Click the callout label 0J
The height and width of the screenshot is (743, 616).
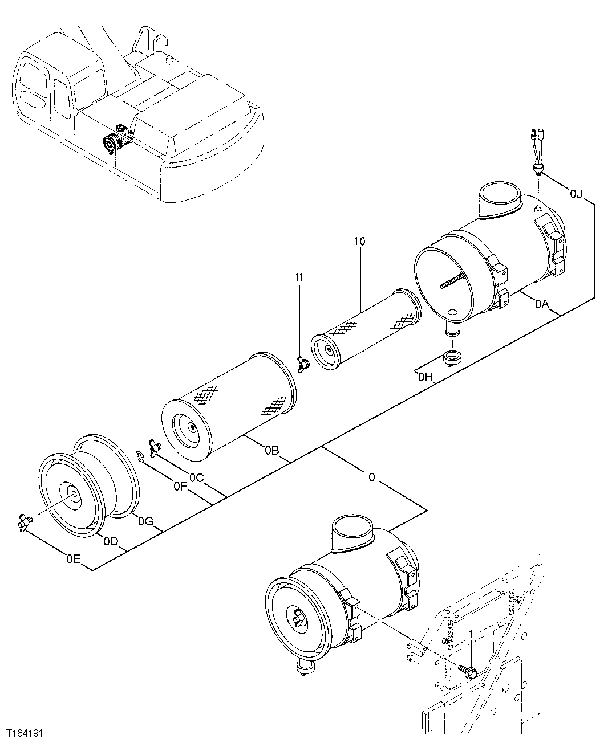(576, 195)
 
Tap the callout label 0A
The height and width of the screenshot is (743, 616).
(542, 305)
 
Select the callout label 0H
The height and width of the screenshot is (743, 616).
(425, 377)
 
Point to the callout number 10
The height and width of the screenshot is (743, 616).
(359, 241)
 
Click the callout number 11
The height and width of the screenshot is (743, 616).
(299, 277)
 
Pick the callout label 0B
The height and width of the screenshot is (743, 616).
(271, 451)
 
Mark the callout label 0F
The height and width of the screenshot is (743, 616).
(180, 486)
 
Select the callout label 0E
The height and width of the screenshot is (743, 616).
(72, 559)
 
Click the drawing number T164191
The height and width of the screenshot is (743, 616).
(26, 731)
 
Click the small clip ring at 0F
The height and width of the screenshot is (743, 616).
(139, 454)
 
